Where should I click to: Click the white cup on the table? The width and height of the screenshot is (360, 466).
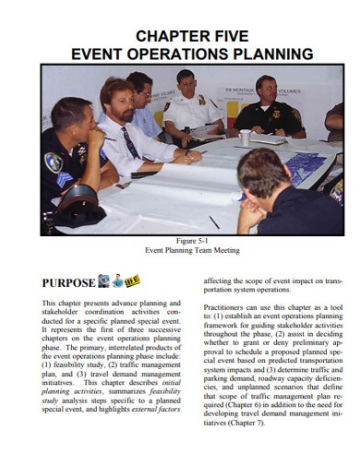tap(245, 137)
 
